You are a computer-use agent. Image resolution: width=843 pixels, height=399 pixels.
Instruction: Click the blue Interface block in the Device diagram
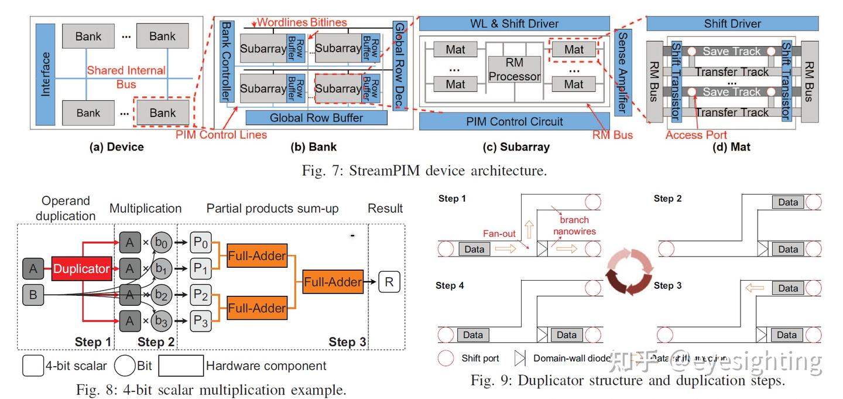[x=45, y=74]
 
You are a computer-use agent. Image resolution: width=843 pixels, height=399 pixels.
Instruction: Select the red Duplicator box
[x=81, y=269]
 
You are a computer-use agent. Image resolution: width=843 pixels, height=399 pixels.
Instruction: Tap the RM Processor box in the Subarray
[x=514, y=69]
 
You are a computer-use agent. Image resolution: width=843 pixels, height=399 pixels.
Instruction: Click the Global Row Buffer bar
[x=316, y=117]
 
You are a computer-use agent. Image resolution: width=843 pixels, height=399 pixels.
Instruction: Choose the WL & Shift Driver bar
[x=515, y=24]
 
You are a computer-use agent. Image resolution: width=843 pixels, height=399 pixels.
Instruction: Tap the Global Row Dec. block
[x=399, y=66]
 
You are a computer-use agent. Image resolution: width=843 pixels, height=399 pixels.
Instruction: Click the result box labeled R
[x=389, y=282]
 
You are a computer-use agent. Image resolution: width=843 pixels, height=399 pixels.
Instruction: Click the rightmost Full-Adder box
[x=333, y=282]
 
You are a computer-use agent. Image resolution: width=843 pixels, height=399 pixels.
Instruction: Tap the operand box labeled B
[x=33, y=294]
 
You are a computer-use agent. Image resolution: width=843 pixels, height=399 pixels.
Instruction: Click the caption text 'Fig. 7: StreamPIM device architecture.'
[x=424, y=170]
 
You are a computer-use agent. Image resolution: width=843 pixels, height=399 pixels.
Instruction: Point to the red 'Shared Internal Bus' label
[x=126, y=77]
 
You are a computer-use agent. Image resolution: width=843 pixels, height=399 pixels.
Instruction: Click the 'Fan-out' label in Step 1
[x=500, y=233]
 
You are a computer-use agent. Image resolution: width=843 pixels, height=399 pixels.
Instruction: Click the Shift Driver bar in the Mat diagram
[x=732, y=24]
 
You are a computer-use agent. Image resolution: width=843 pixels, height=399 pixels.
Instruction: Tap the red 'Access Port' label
[x=696, y=135]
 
